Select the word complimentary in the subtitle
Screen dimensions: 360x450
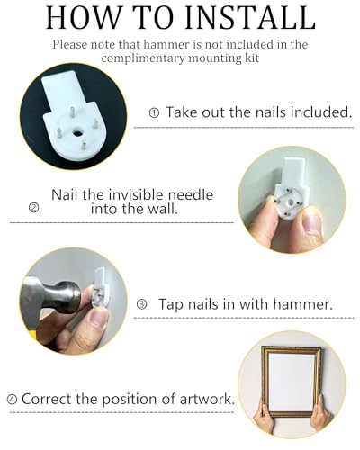(x=143, y=58)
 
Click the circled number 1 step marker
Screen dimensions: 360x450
(x=154, y=113)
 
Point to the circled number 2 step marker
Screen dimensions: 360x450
(x=33, y=208)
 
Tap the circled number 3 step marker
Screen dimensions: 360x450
(x=142, y=304)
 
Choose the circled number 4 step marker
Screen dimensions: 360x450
(x=12, y=400)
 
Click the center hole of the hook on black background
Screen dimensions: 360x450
(x=78, y=132)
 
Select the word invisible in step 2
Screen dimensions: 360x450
(x=136, y=194)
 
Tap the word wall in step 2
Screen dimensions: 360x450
(x=164, y=208)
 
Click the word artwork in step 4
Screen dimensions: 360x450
(x=207, y=399)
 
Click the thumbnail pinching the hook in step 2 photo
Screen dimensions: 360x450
(x=311, y=221)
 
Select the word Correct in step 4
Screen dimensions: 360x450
(x=47, y=399)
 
